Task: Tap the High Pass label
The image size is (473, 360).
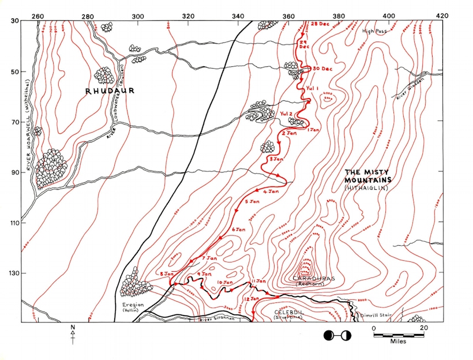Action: tap(372, 32)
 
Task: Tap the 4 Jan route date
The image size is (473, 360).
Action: tap(271, 191)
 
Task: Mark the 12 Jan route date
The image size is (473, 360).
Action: tap(252, 299)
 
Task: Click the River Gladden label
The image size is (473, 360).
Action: tap(404, 92)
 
